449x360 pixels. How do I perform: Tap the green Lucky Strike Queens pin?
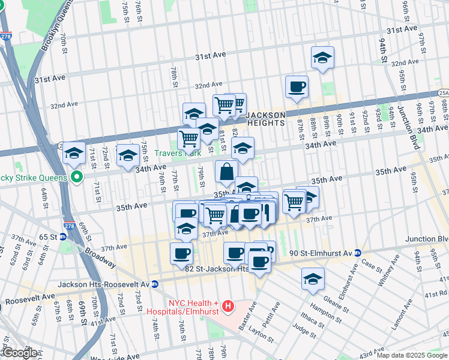pyautogui.click(x=76, y=177)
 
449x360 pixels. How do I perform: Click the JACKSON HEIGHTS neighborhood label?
pyautogui.click(x=265, y=118)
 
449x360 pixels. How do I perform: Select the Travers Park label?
pyautogui.click(x=178, y=153)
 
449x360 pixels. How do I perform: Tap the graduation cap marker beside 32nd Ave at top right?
pyautogui.click(x=322, y=58)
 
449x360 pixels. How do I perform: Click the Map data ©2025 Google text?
pyautogui.click(x=412, y=355)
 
